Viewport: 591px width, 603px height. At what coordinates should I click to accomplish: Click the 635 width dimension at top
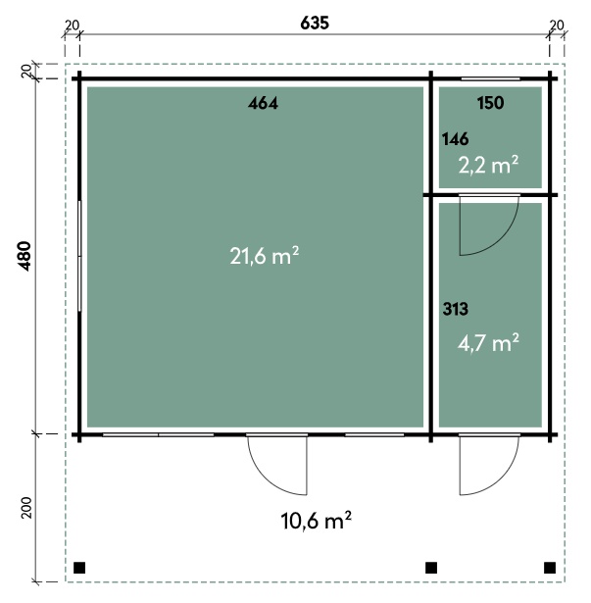coord(315,24)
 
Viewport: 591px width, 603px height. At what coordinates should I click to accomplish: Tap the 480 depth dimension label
coord(25,256)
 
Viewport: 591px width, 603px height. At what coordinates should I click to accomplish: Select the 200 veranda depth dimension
coord(26,508)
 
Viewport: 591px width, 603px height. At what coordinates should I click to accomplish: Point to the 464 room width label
coord(263,103)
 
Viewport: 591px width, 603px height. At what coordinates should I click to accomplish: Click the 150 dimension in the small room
coord(490,103)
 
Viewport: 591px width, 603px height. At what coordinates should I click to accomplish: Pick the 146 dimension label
coord(456,139)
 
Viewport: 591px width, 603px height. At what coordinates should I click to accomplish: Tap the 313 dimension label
coord(456,309)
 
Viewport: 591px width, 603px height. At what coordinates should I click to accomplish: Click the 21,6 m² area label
coord(265,256)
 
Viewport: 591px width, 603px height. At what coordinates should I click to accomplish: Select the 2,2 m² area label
coord(488,166)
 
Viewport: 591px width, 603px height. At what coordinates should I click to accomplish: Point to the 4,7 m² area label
coord(488,342)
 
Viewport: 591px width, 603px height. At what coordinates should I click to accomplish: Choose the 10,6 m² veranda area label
coord(316,521)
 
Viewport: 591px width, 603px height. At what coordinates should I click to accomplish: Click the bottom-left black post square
coord(79,568)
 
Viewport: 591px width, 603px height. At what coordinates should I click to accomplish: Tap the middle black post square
coord(431,568)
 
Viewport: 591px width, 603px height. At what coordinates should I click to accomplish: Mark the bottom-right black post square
coord(550,568)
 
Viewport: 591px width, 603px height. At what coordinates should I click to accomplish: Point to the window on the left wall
coord(79,256)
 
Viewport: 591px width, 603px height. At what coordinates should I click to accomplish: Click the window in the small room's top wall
coord(490,79)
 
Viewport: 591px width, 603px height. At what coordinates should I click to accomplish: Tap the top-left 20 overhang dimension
coord(72,25)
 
